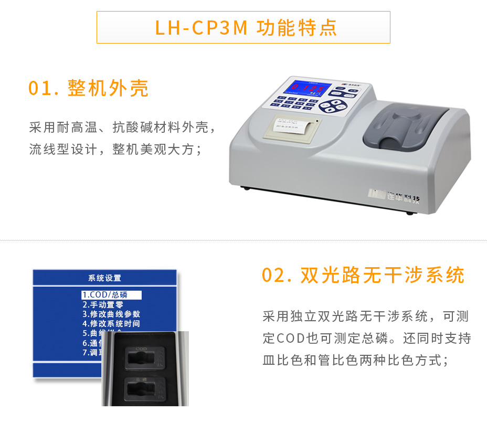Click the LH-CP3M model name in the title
pos(200,27)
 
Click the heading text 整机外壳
pos(109,89)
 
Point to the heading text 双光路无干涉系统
pos(383,276)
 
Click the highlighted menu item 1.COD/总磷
pos(111,295)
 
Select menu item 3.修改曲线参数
pos(111,314)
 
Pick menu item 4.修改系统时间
pos(111,323)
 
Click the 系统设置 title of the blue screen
pos(104,278)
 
